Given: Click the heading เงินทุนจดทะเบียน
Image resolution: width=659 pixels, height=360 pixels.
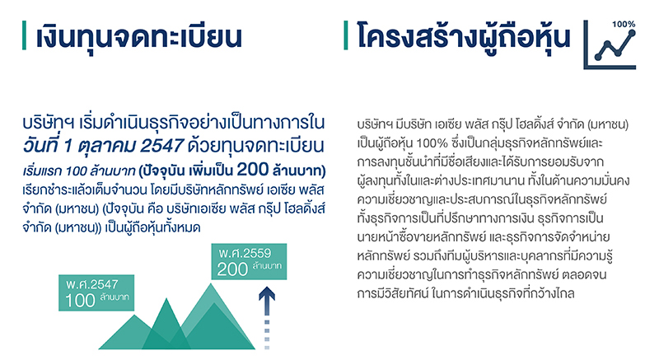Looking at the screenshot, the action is [x=139, y=38].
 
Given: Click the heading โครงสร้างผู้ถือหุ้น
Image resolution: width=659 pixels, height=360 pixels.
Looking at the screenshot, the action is [x=464, y=37].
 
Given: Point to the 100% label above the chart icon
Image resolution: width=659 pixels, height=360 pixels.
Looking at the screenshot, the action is [x=624, y=25].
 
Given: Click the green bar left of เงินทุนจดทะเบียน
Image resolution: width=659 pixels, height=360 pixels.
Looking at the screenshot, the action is [x=25, y=35].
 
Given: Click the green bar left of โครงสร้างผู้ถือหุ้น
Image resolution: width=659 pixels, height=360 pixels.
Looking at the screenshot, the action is [x=346, y=35].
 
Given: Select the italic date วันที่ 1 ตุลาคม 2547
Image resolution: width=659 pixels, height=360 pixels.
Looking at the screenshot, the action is [x=104, y=146].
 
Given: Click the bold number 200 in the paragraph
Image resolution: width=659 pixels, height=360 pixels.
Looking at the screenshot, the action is [x=253, y=169].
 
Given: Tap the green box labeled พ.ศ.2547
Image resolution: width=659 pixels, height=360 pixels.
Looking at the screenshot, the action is [x=96, y=292].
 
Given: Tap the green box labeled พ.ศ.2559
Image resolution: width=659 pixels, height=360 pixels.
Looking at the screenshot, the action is [x=249, y=262].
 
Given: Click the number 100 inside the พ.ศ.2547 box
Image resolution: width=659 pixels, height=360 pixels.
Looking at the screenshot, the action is [x=80, y=301].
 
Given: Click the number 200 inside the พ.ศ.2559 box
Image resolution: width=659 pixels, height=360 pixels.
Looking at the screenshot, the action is [x=232, y=269].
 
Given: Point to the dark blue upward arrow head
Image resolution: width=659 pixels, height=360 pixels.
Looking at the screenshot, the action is [x=267, y=293].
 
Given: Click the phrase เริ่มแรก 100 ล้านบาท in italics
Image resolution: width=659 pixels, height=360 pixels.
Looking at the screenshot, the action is [x=79, y=171].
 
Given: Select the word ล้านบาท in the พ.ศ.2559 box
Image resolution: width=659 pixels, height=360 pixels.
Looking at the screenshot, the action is [x=267, y=266].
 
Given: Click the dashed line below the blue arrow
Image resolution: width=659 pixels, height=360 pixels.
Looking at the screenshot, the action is [x=267, y=334].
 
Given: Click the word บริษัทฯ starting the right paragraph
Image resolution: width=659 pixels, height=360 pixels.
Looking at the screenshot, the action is [x=375, y=124].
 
